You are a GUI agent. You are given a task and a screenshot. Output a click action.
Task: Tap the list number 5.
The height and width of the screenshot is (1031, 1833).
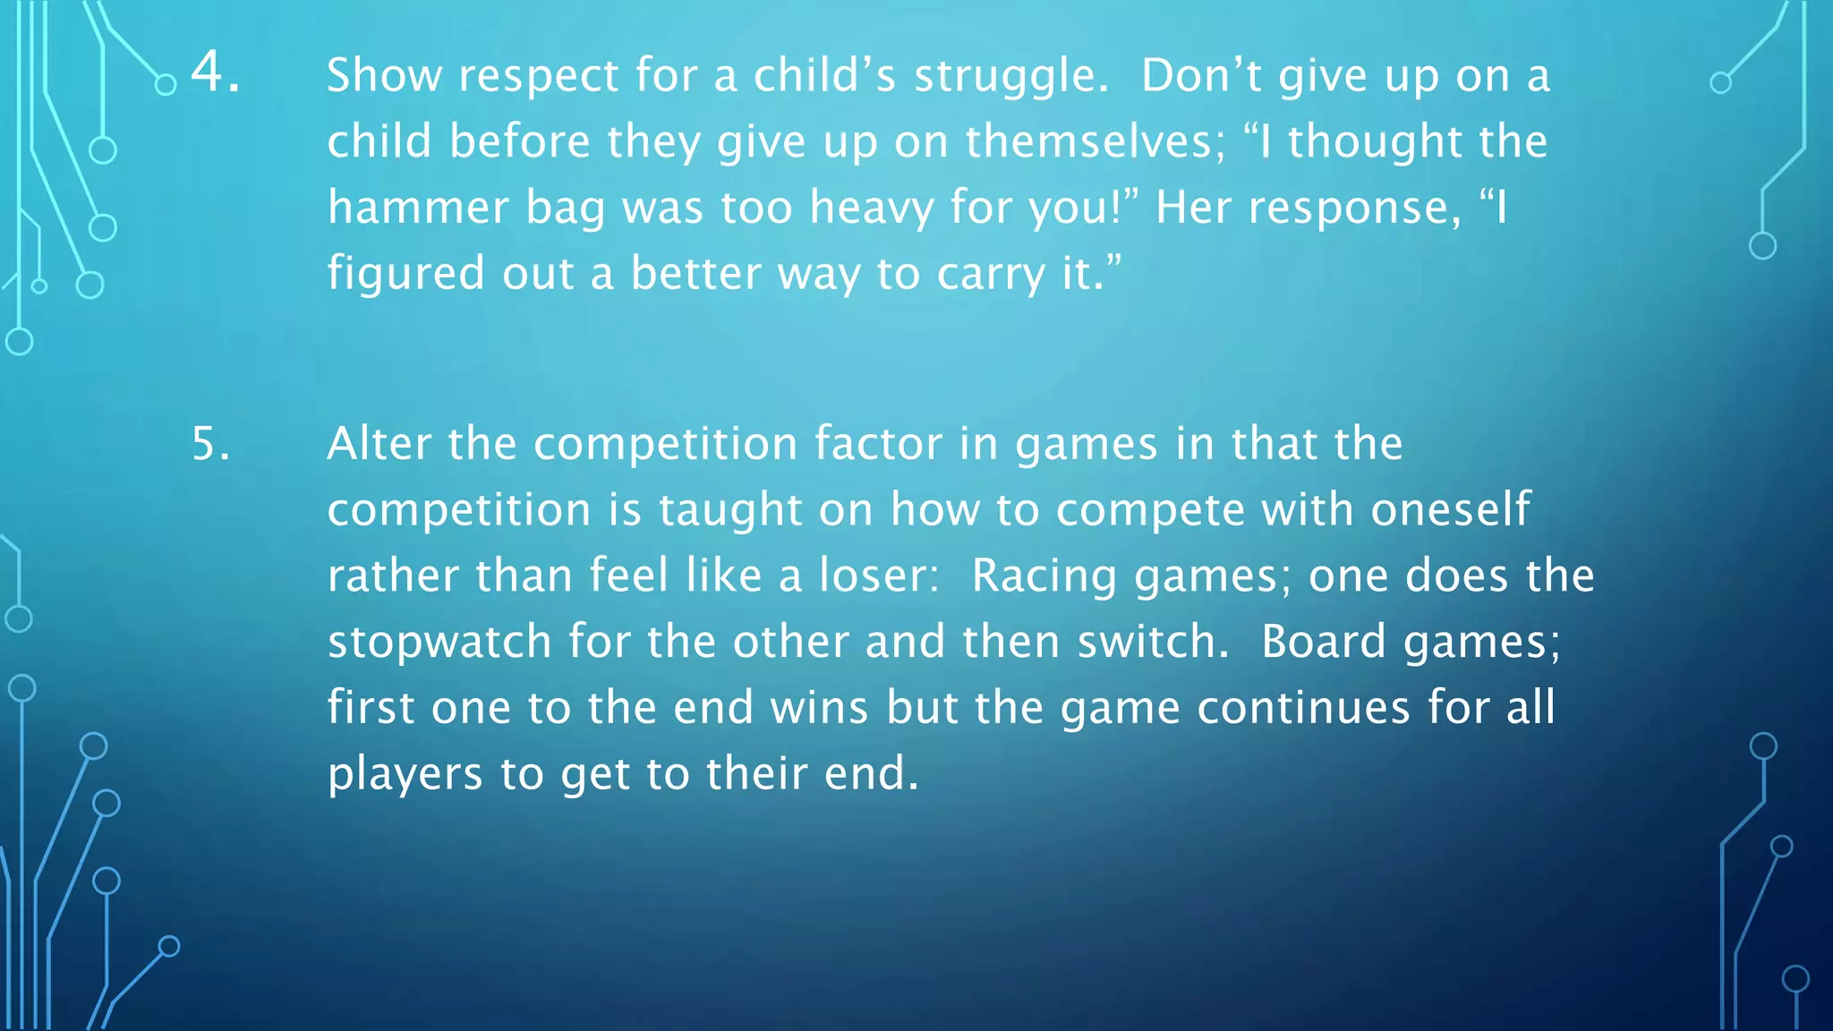click(211, 444)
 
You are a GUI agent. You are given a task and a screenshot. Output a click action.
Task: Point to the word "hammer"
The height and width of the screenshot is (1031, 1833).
click(418, 208)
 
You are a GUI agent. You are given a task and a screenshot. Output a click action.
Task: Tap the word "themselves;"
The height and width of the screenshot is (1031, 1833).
click(1095, 141)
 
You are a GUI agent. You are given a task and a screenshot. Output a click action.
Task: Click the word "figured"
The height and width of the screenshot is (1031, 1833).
click(405, 274)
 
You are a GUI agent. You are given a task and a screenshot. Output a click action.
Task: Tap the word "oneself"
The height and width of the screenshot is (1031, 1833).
click(1451, 510)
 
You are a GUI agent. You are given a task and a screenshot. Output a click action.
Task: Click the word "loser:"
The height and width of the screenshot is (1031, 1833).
click(879, 575)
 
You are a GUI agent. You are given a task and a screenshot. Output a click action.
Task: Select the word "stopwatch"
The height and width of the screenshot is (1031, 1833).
click(439, 643)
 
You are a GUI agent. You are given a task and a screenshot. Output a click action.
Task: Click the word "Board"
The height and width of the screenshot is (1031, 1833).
click(1323, 642)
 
